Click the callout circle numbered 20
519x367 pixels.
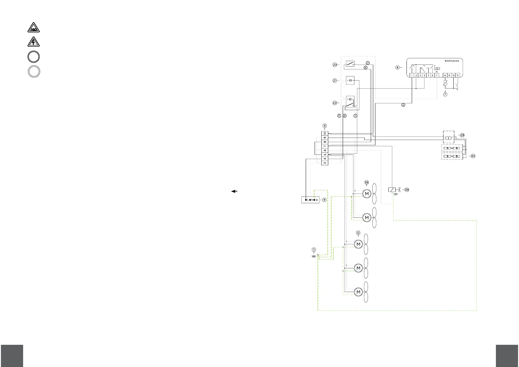coord(334,65)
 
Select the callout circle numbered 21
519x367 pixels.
coord(334,81)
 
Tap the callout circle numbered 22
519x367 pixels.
coord(334,103)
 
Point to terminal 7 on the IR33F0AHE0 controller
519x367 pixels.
coord(437,75)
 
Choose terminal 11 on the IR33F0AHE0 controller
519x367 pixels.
coord(458,75)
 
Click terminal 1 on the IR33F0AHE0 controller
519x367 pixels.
coord(412,75)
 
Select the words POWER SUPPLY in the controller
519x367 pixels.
coord(437,69)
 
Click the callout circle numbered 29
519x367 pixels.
coord(462,135)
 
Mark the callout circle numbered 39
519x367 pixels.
coord(407,190)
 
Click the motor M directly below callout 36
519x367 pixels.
coord(367,194)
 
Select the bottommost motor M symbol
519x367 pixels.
coord(358,292)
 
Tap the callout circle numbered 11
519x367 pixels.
coord(313,249)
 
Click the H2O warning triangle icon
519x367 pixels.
coord(33,28)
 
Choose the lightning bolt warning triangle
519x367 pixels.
coord(33,42)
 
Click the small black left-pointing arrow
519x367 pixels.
coord(234,191)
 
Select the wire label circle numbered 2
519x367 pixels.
coord(403,105)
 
